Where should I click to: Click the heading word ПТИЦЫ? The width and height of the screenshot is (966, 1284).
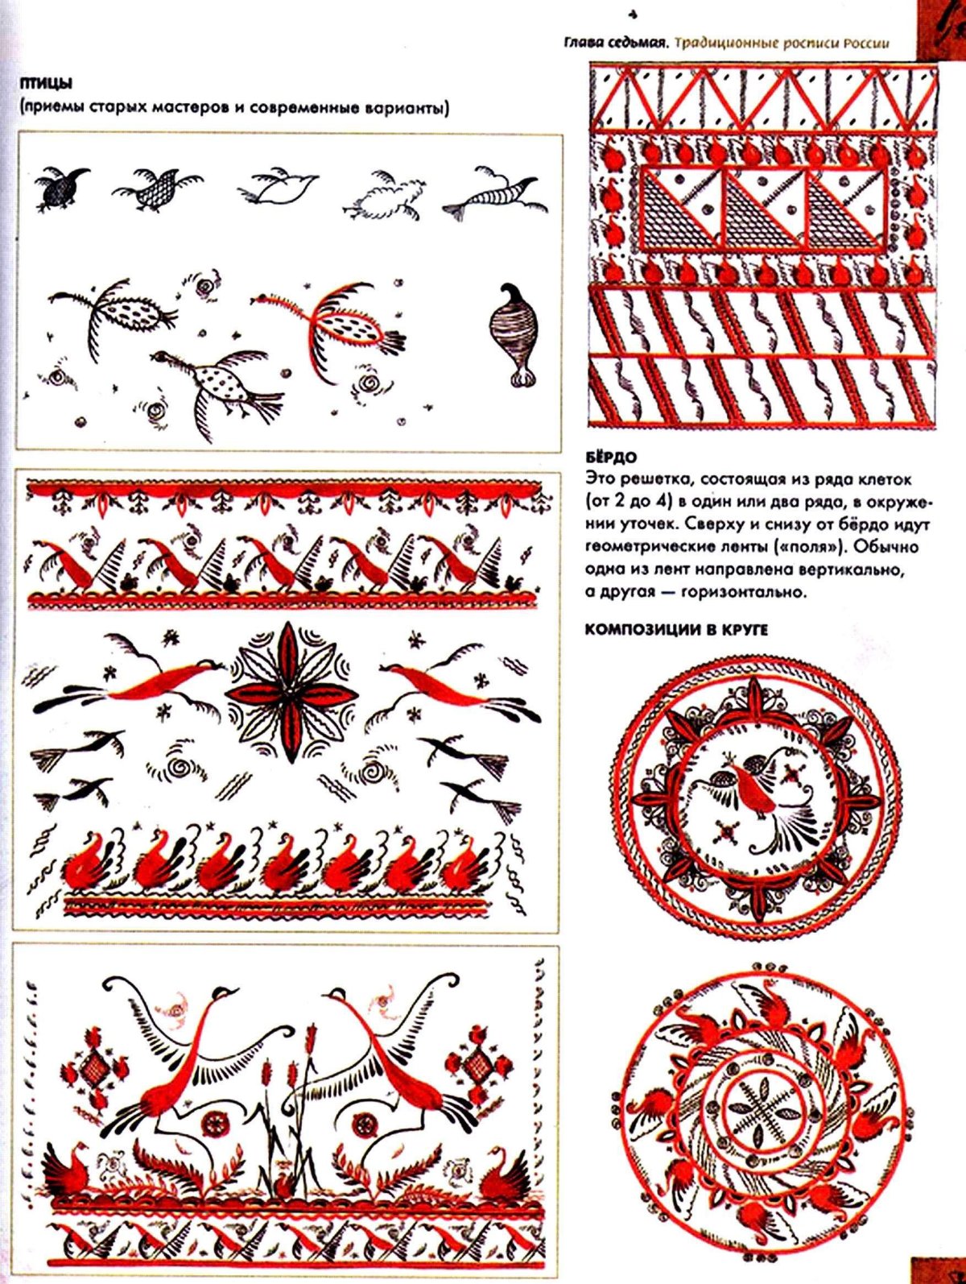click(46, 84)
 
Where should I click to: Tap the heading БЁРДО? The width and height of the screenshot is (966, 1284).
click(611, 456)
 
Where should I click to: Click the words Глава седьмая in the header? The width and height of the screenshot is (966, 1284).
click(616, 43)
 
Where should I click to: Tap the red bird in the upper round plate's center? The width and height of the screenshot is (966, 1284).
click(753, 788)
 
